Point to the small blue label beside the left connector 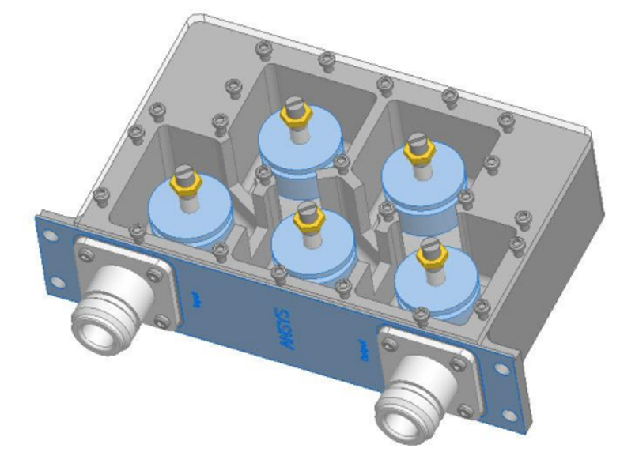(x=195, y=299)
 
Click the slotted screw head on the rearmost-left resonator (x=297, y=104)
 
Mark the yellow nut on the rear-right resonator (x=417, y=149)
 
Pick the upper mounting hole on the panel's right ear (x=497, y=370)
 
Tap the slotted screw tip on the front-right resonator (x=429, y=244)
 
